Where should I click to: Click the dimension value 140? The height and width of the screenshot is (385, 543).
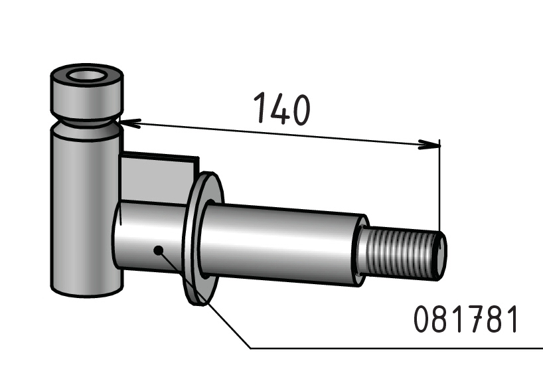click(x=282, y=108)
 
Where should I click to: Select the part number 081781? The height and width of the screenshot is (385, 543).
click(x=466, y=319)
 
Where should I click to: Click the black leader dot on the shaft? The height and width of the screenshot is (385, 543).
click(x=158, y=250)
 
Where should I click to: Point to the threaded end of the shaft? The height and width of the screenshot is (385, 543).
click(x=402, y=252)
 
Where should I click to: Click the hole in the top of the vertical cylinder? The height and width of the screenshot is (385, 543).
click(x=88, y=76)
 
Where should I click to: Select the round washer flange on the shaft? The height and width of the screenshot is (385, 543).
click(x=202, y=238)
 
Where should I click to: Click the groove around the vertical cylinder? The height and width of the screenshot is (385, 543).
click(x=86, y=122)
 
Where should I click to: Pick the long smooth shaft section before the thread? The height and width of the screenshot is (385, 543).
click(x=282, y=244)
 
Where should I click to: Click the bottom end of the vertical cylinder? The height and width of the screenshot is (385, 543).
click(x=87, y=290)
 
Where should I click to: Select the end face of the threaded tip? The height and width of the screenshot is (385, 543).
click(x=441, y=256)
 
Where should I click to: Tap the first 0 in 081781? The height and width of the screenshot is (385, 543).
click(x=422, y=319)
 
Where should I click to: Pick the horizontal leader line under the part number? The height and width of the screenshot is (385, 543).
click(x=396, y=348)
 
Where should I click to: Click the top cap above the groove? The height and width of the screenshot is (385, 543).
click(x=86, y=91)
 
